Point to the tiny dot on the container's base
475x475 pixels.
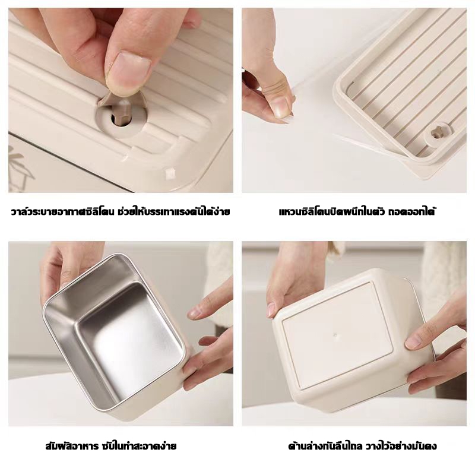pos(335,335)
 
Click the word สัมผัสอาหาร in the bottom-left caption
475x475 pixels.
pos(72,446)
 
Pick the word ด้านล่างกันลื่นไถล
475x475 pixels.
pos(325,446)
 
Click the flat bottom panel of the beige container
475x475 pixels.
pos(335,334)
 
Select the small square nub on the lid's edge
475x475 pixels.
pos(170,172)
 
